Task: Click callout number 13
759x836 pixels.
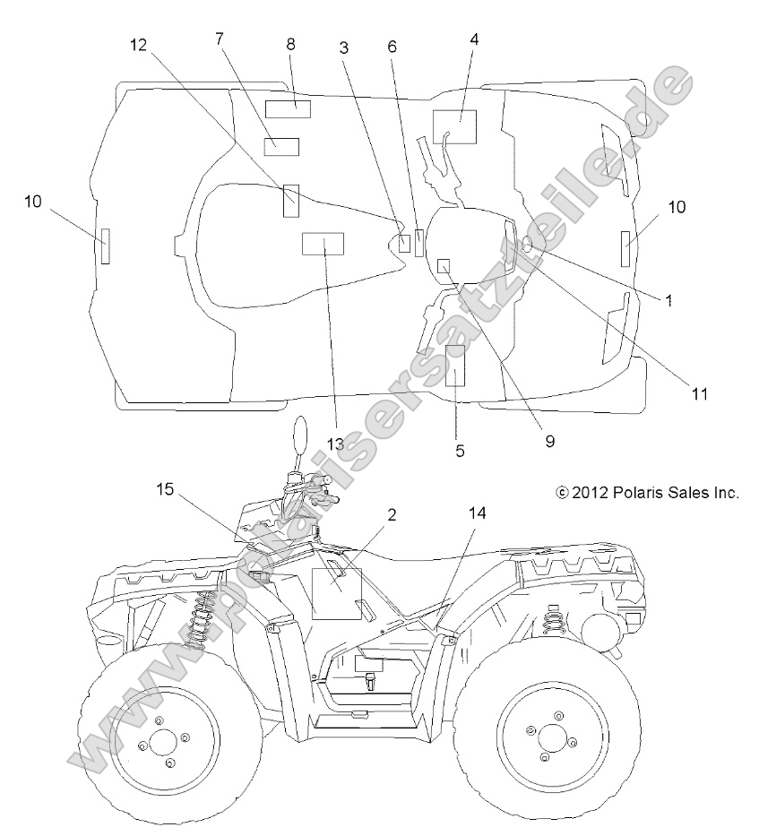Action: pyautogui.click(x=335, y=444)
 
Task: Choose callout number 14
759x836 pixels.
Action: pyautogui.click(x=477, y=513)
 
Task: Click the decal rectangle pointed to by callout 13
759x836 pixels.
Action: pyautogui.click(x=323, y=245)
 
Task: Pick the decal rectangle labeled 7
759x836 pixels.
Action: pyautogui.click(x=280, y=146)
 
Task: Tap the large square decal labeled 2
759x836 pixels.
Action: pyautogui.click(x=335, y=593)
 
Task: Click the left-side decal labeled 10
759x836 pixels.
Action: pyautogui.click(x=105, y=246)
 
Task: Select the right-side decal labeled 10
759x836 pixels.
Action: pyautogui.click(x=625, y=247)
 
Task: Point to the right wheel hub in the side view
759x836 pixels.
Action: pyautogui.click(x=547, y=737)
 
